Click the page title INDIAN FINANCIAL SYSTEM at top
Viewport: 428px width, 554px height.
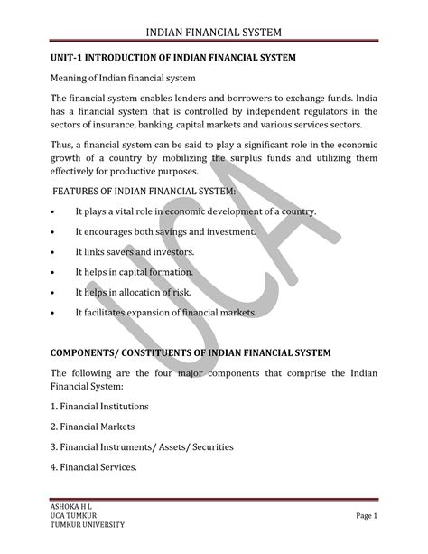pyautogui.click(x=213, y=34)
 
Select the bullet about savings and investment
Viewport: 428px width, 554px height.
pyautogui.click(x=165, y=231)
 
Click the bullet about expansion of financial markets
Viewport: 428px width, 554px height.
pyautogui.click(x=166, y=313)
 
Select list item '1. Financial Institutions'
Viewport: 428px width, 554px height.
pyautogui.click(x=99, y=406)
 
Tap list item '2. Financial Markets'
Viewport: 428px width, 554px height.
pyautogui.click(x=92, y=426)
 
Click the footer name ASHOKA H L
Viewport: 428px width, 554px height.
pyautogui.click(x=69, y=506)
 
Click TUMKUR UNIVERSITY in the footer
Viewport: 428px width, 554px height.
pyautogui.click(x=85, y=525)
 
